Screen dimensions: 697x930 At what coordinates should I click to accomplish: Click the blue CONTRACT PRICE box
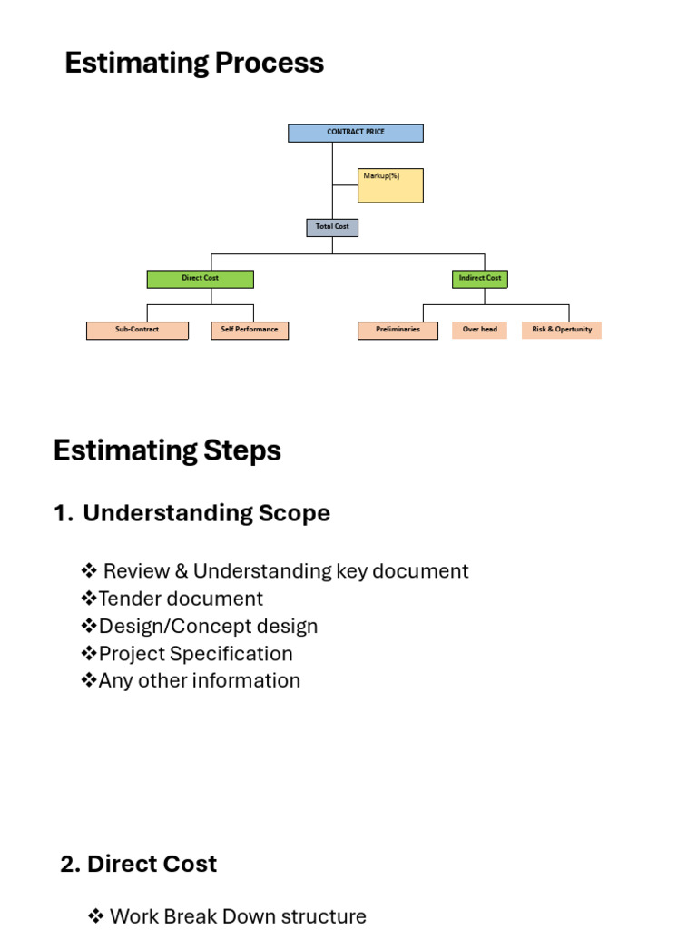tap(356, 133)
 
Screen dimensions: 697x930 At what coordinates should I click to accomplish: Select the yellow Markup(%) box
tap(390, 185)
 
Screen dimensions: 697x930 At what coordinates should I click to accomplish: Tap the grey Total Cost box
tap(332, 228)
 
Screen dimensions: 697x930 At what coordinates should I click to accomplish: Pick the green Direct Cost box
tap(201, 280)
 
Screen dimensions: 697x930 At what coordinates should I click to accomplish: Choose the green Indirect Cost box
tap(480, 279)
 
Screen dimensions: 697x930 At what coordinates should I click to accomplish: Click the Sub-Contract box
tap(138, 331)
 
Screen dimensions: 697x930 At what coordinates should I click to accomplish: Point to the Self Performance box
tap(250, 331)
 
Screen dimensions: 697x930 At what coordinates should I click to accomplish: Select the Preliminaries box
tap(398, 331)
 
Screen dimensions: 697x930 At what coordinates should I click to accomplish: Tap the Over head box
tap(479, 330)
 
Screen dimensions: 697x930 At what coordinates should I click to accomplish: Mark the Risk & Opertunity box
tap(562, 330)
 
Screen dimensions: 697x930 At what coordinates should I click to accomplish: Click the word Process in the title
tap(270, 63)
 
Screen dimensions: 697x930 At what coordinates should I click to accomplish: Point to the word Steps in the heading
tap(242, 450)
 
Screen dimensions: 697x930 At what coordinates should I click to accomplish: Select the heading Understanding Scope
tap(206, 514)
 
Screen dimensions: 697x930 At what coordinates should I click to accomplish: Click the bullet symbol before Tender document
tap(89, 598)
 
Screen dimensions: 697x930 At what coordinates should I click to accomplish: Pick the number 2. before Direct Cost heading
tap(71, 865)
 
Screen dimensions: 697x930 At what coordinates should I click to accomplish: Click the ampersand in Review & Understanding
tap(182, 571)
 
